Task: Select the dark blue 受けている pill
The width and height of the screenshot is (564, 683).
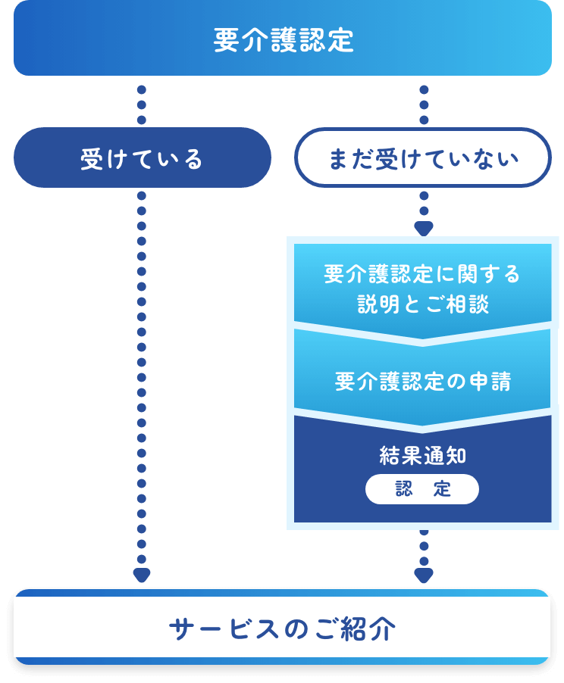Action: pyautogui.click(x=142, y=158)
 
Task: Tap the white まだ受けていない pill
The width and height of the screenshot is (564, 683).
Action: pyautogui.click(x=422, y=158)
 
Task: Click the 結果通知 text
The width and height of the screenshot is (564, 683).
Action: pyautogui.click(x=422, y=455)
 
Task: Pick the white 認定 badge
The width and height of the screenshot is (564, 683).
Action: pyautogui.click(x=422, y=489)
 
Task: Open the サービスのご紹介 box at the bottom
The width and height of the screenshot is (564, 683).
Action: pyautogui.click(x=282, y=628)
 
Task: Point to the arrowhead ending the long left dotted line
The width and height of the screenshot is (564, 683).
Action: pyautogui.click(x=142, y=575)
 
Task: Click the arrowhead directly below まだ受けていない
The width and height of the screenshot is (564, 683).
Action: pyautogui.click(x=424, y=228)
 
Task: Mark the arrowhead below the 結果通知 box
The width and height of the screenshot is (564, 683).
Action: pyautogui.click(x=424, y=575)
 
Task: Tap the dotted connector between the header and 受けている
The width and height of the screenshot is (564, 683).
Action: pyautogui.click(x=142, y=104)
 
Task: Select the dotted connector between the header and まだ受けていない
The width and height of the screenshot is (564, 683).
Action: pyautogui.click(x=424, y=104)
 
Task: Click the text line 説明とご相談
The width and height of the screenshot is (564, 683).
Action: pyautogui.click(x=422, y=304)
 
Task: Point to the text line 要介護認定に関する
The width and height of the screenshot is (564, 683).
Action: pyautogui.click(x=422, y=274)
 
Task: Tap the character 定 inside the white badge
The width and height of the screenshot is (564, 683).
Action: pyautogui.click(x=443, y=489)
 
